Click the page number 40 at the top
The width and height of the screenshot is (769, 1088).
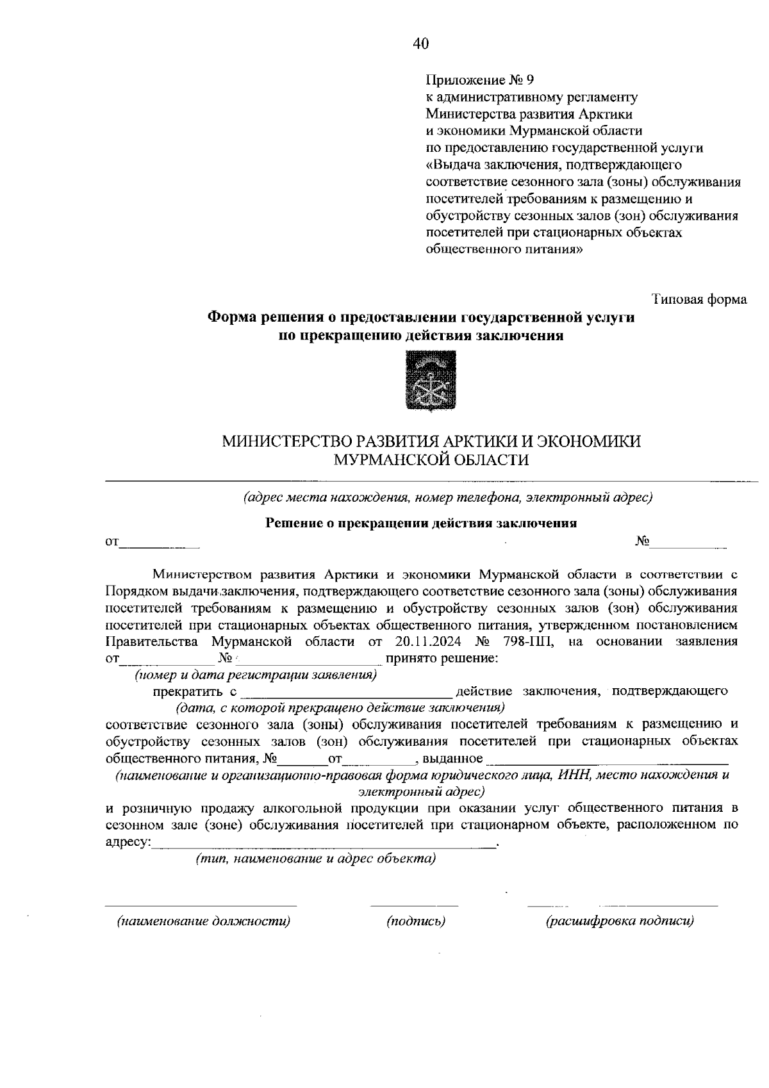(x=420, y=44)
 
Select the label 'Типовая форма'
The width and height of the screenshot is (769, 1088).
(x=699, y=299)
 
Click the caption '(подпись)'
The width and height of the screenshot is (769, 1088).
(x=416, y=921)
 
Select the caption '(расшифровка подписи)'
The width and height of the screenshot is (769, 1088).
(x=620, y=921)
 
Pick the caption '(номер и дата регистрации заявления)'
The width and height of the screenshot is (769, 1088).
(x=255, y=675)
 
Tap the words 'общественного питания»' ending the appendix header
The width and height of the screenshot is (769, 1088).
(x=505, y=249)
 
